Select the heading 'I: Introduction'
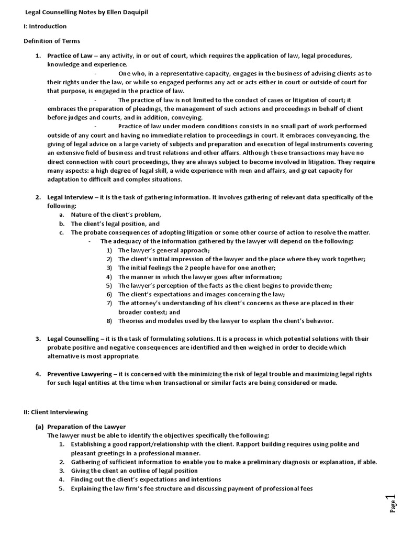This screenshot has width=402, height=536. [x=45, y=26]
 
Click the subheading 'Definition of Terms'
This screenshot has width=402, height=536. [x=52, y=41]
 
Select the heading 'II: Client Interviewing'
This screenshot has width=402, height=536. [x=55, y=412]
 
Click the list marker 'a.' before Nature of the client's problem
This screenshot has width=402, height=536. [x=62, y=215]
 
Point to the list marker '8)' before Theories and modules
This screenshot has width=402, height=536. [x=109, y=321]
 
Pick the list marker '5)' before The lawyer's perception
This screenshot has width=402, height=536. [x=109, y=286]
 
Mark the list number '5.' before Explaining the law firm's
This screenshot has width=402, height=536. [x=61, y=489]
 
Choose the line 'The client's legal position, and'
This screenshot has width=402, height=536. [x=115, y=224]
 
